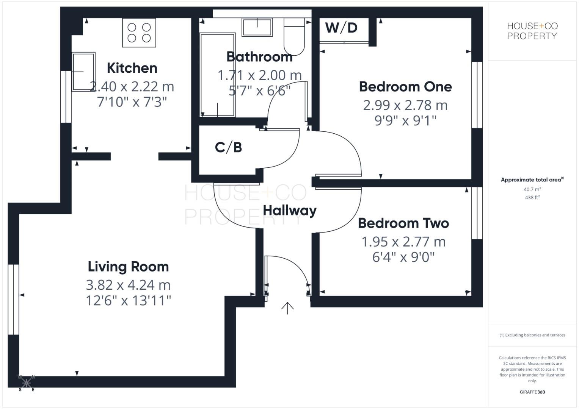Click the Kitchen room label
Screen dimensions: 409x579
coord(132,68)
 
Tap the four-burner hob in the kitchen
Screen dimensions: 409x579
coord(139,33)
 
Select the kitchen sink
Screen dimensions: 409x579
coord(83,72)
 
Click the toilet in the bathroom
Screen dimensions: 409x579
coord(294,38)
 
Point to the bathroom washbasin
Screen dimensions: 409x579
coord(257,27)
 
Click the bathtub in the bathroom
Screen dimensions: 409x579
coord(217,75)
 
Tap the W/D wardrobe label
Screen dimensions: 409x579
coord(341,28)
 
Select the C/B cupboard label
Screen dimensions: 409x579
coord(228,147)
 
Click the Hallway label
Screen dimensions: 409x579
coord(290,211)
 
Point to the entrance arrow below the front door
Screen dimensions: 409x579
coord(287,308)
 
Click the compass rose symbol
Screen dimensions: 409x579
coord(27,383)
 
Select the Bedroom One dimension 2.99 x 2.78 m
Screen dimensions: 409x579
coord(405,105)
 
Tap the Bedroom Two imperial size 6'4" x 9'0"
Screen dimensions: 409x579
coord(403,257)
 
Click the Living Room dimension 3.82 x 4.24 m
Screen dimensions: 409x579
coord(128,285)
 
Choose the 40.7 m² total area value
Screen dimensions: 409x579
coord(532,189)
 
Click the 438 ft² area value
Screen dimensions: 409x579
coord(532,197)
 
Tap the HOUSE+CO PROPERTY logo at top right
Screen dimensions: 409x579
coord(532,31)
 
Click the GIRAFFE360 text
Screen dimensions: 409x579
coord(532,392)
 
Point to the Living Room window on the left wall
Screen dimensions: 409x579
coord(14,299)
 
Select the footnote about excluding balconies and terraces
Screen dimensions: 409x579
coord(532,335)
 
